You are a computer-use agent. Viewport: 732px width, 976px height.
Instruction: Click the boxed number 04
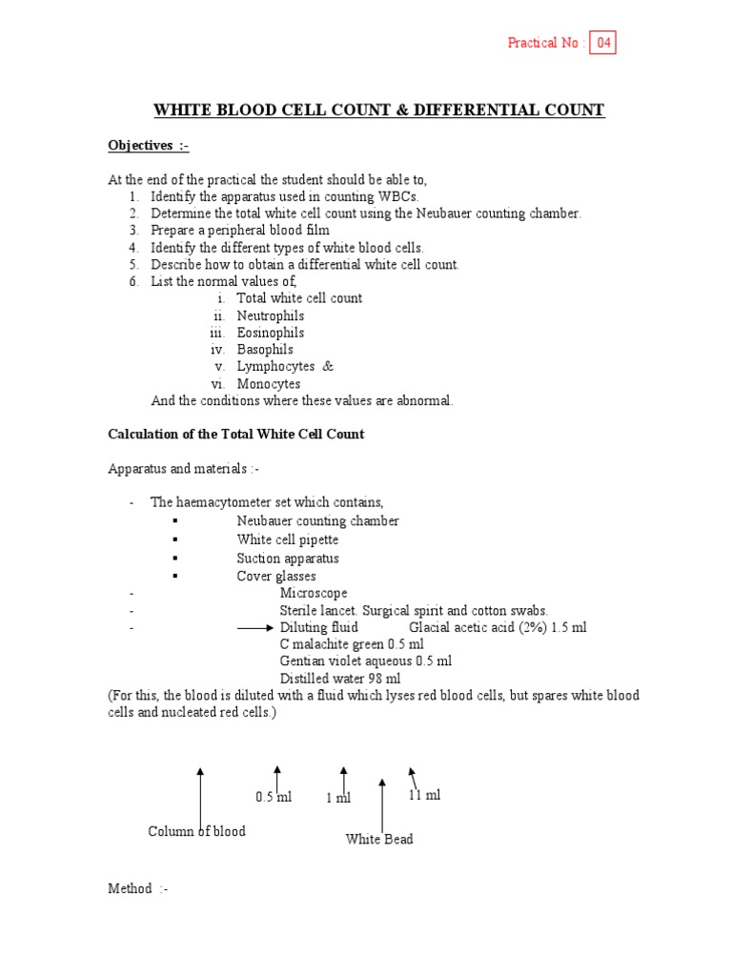[x=602, y=43]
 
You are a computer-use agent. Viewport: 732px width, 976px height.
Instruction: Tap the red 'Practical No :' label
[x=545, y=43]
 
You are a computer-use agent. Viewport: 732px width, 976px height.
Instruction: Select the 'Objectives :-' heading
[x=148, y=145]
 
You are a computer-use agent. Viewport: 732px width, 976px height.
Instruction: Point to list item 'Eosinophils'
[x=271, y=333]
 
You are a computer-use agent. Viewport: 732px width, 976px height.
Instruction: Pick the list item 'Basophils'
[x=265, y=350]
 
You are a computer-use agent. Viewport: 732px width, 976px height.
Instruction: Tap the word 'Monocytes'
[x=269, y=384]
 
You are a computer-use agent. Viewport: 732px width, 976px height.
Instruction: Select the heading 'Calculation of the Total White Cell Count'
[x=235, y=435]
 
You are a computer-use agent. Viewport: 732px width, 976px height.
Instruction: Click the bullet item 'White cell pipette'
[x=287, y=539]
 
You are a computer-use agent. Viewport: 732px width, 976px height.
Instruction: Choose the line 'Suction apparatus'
[x=287, y=558]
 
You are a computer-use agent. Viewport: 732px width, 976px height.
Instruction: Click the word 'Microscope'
[x=314, y=593]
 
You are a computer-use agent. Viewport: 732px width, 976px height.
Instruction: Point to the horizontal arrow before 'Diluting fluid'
[x=254, y=628]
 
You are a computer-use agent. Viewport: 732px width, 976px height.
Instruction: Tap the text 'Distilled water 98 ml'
[x=339, y=679]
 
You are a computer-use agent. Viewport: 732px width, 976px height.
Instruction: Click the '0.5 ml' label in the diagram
[x=274, y=797]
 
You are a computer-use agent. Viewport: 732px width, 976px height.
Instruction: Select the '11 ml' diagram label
[x=424, y=795]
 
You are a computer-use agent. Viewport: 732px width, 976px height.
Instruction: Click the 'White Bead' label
[x=379, y=840]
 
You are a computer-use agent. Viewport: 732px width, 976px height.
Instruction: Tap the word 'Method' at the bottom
[x=130, y=888]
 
